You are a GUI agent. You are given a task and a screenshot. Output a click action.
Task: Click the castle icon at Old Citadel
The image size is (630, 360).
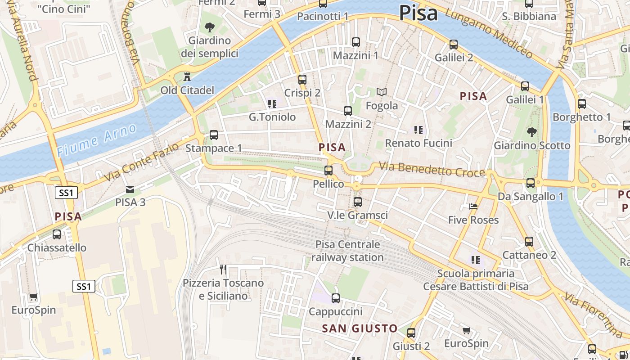(x=187, y=77)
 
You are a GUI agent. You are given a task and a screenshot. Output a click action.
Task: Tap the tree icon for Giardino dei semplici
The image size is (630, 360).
(x=209, y=27)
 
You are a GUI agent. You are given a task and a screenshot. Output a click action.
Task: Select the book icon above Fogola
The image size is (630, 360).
(x=382, y=92)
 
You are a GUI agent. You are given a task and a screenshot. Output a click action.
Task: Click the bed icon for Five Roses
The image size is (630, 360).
(x=473, y=207)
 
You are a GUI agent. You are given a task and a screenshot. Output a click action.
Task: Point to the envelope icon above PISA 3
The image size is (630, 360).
(x=130, y=189)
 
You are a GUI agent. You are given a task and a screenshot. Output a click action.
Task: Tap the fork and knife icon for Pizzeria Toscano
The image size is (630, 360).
(x=223, y=270)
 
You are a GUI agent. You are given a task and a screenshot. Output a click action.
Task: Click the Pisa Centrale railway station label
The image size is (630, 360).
(x=347, y=251)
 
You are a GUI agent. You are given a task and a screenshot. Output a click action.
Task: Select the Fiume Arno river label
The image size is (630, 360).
(x=96, y=140)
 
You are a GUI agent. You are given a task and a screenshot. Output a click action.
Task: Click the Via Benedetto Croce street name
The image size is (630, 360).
(x=432, y=170)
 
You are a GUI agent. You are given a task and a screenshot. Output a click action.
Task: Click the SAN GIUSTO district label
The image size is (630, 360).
(x=360, y=328)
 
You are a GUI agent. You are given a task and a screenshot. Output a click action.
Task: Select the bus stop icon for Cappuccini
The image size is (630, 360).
(x=336, y=298)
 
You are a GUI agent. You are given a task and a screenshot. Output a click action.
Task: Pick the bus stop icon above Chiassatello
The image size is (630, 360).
(x=57, y=234)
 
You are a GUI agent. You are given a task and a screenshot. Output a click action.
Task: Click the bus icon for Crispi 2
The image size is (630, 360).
(x=302, y=80)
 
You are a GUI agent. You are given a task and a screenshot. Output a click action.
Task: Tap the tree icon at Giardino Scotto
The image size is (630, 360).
(x=532, y=132)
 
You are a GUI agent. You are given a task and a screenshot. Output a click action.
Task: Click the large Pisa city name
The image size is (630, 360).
(x=418, y=13)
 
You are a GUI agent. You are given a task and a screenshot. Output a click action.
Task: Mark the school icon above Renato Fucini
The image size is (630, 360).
(x=418, y=130)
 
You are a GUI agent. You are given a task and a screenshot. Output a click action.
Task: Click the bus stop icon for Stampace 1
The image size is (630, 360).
(x=214, y=135)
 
